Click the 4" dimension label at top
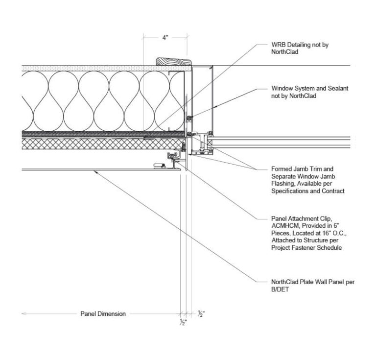165,38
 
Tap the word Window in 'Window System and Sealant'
282,89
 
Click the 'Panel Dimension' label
103,314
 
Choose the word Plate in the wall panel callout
306,282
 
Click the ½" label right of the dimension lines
201,313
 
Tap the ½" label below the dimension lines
182,322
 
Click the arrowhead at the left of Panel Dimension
23,313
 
